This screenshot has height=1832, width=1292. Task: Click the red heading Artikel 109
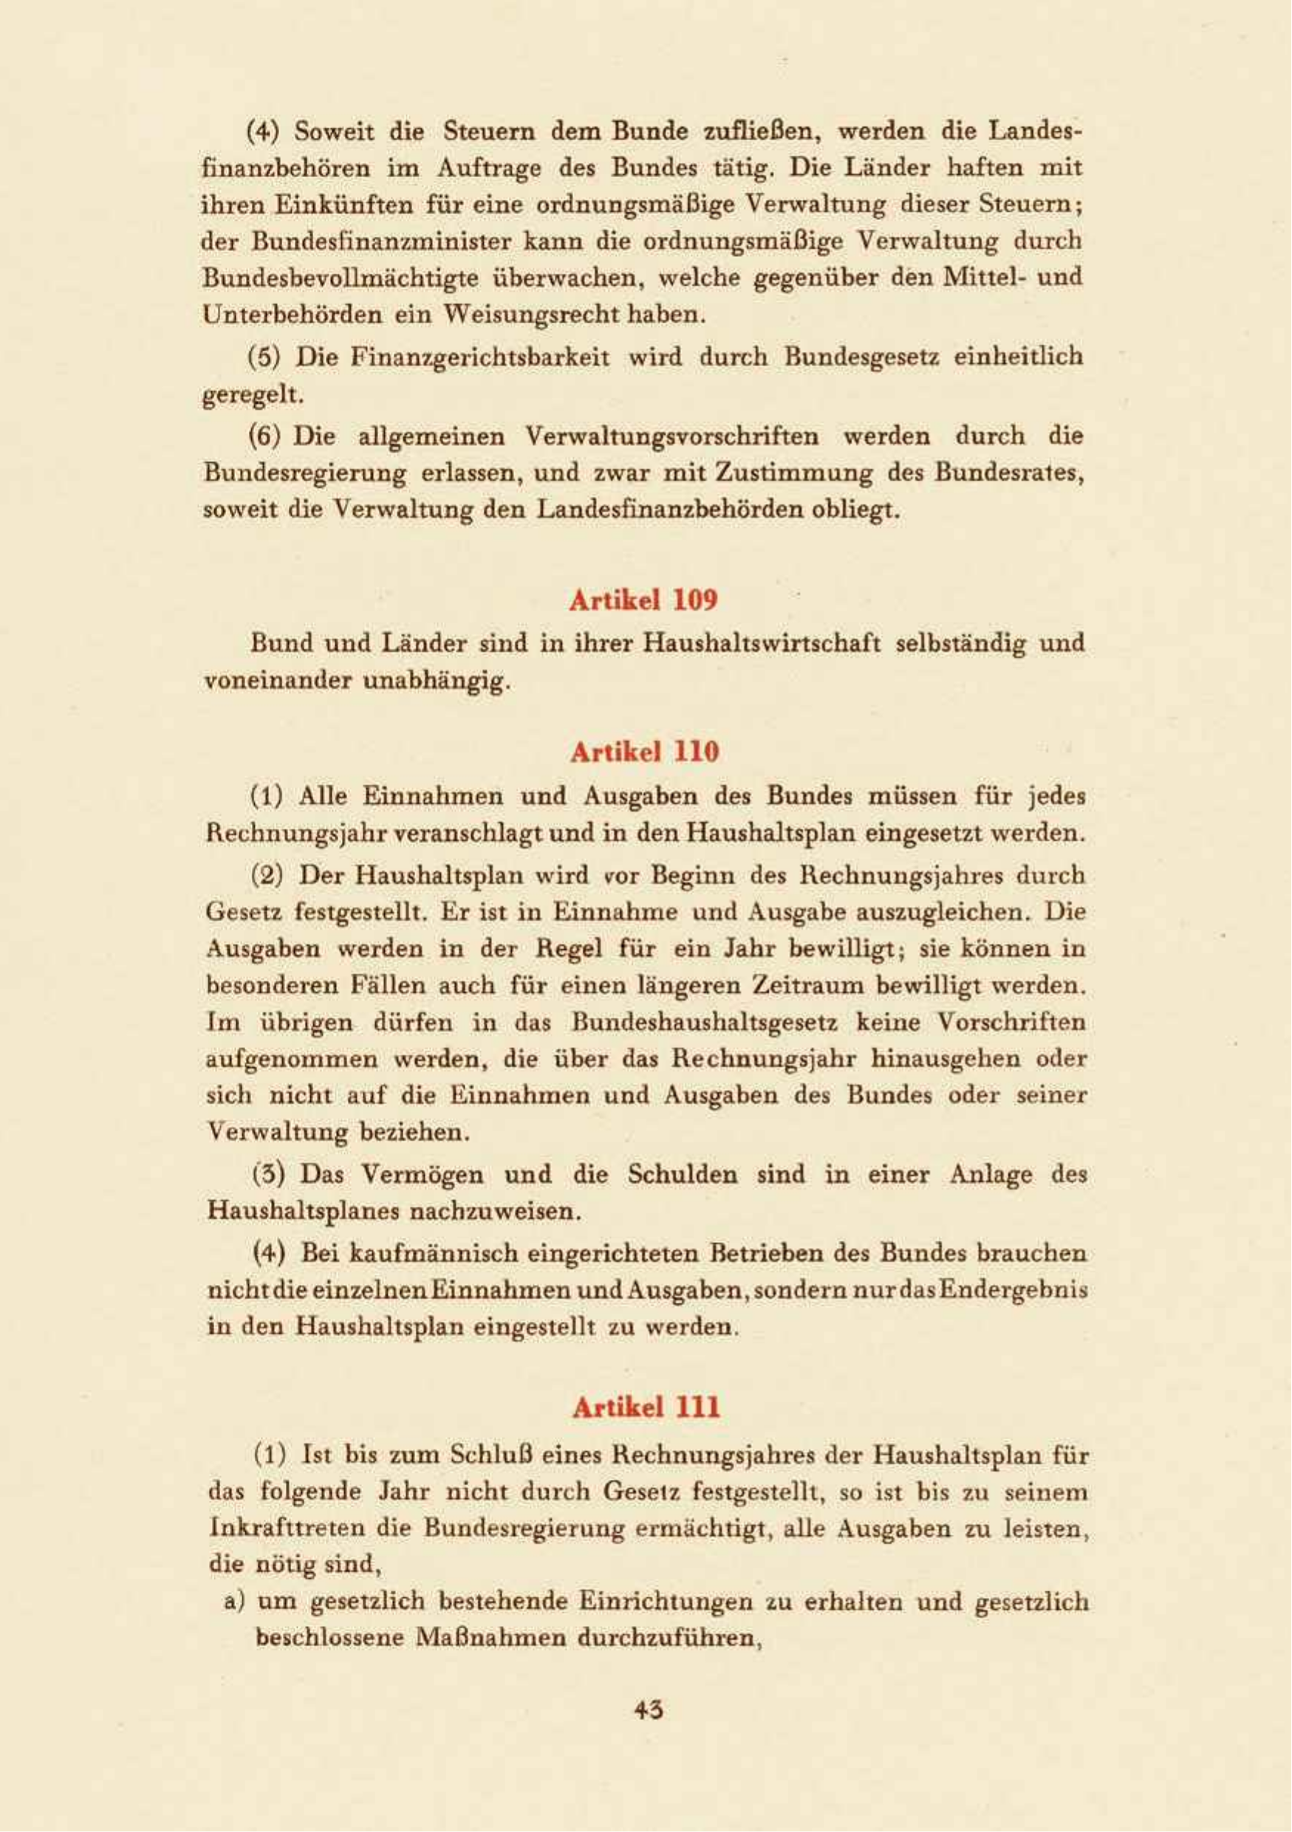click(x=643, y=600)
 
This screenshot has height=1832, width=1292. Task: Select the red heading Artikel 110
click(x=645, y=752)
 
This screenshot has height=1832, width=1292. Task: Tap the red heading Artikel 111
click(x=646, y=1407)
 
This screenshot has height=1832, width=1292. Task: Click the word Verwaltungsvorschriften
click(x=672, y=436)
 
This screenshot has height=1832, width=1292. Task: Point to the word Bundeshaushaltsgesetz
click(x=704, y=1022)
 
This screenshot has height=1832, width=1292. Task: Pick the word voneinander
click(x=276, y=681)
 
